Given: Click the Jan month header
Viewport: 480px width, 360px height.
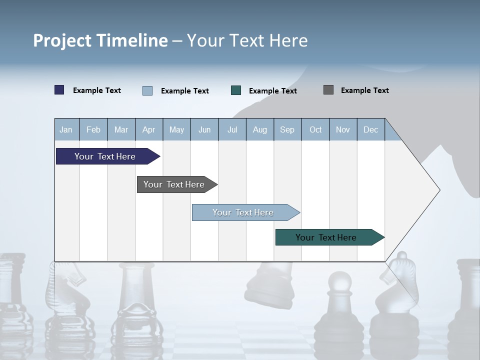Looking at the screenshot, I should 66,129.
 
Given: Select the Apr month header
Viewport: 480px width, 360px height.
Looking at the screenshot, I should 148,129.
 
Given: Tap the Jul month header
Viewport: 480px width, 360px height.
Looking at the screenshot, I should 232,129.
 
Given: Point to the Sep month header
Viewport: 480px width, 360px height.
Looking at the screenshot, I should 287,129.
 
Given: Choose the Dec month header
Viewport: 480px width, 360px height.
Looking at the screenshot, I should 370,129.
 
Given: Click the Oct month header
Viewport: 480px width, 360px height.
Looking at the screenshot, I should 315,129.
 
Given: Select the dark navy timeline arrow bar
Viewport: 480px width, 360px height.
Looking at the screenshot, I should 105,156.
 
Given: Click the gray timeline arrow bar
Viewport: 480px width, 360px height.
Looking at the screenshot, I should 174,184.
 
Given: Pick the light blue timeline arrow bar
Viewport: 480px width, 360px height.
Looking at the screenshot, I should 243,212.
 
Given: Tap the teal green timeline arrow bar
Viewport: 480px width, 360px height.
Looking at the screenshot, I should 326,237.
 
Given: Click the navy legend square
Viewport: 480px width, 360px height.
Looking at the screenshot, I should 59,90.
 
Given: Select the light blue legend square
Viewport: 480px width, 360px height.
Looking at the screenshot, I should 147,90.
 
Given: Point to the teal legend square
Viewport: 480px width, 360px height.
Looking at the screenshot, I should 236,90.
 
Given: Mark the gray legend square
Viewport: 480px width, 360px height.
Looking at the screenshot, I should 328,90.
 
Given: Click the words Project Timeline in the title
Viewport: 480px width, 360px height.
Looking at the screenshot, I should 100,40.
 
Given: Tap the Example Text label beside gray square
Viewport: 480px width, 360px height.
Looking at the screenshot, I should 364,90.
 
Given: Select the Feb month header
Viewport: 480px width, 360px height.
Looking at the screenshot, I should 93,129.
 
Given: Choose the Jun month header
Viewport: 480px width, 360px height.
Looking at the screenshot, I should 204,129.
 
